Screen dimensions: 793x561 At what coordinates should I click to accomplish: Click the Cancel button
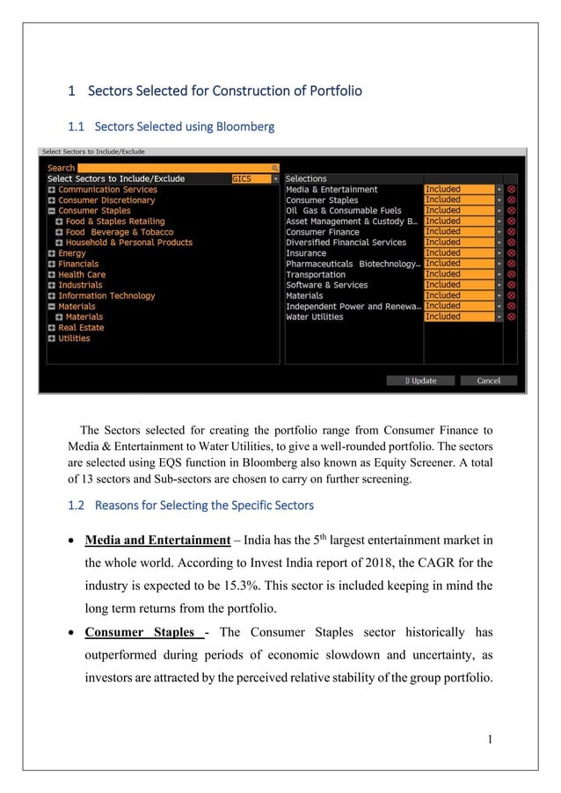tap(488, 381)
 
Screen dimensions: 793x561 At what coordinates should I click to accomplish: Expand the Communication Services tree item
tap(52, 190)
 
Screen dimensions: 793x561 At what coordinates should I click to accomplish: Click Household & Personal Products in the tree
tap(128, 243)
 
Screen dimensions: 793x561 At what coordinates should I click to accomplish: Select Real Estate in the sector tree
tap(80, 328)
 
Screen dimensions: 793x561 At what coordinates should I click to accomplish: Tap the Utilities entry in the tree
tap(74, 338)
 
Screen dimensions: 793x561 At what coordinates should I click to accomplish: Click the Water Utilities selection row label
tap(314, 316)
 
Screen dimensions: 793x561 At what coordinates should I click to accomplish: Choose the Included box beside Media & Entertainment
tap(458, 189)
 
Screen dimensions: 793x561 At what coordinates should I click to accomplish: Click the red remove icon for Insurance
tap(512, 253)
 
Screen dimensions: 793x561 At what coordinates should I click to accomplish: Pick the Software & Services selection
tap(326, 285)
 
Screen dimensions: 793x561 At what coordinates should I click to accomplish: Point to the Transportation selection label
tap(315, 274)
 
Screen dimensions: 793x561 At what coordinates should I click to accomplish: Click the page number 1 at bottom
tap(488, 738)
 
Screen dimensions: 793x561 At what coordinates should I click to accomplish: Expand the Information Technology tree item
tap(52, 296)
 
